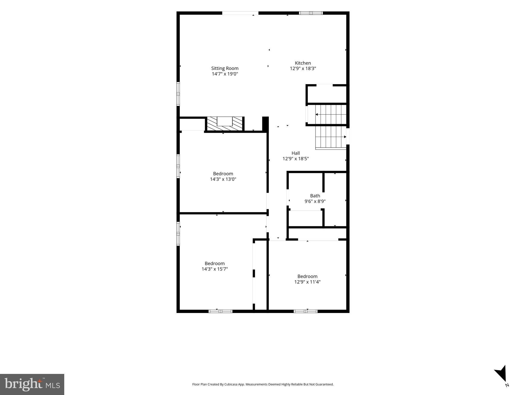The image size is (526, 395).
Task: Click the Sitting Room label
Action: click(225, 68)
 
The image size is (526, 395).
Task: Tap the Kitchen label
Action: click(303, 63)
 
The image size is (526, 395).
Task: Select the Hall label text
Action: click(296, 153)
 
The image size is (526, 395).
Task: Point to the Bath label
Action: click(315, 196)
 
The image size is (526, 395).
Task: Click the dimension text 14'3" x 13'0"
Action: click(223, 179)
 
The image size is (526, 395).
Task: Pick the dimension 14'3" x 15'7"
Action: click(215, 269)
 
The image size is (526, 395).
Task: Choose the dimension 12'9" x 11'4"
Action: click(307, 282)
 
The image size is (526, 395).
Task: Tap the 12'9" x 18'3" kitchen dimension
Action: click(303, 69)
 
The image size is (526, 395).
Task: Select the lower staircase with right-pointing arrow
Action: click(331, 137)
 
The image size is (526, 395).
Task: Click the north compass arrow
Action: click(501, 374)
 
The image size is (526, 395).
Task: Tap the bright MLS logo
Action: click(32, 384)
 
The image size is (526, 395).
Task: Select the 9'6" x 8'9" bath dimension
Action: click(315, 201)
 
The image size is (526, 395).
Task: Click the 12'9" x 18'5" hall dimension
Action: click(296, 159)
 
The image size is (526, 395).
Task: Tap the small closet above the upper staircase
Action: click(327, 94)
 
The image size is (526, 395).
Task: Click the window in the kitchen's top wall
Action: click(311, 13)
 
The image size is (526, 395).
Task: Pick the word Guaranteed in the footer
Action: click(325, 384)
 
